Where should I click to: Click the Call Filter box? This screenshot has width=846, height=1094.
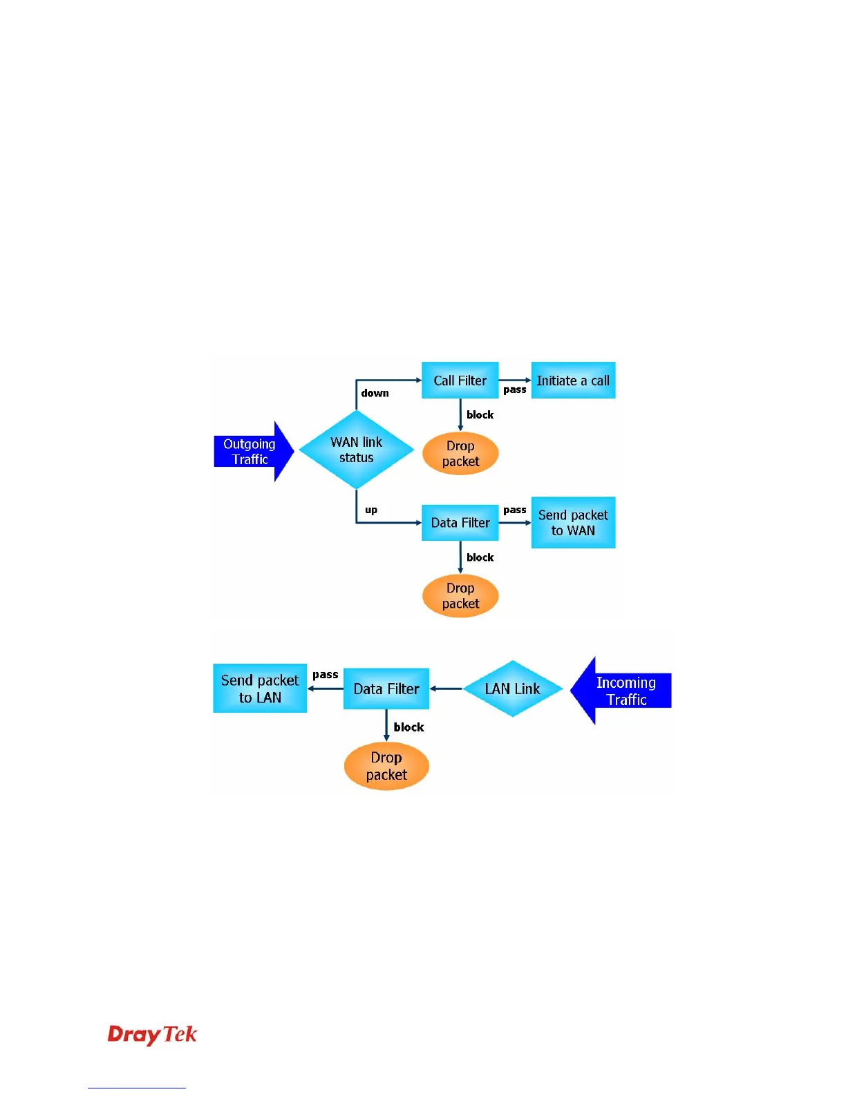tap(460, 381)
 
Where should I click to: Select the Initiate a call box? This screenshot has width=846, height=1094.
tap(573, 381)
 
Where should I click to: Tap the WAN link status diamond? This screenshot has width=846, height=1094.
tap(356, 450)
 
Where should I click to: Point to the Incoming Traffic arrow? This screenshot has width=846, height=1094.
tap(622, 691)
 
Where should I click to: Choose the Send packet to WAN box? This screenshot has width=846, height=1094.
tap(573, 523)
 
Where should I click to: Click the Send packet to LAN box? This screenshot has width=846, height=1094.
tap(260, 689)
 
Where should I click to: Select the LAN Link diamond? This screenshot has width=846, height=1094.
tap(512, 689)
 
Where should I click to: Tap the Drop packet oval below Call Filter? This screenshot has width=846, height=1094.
tap(460, 454)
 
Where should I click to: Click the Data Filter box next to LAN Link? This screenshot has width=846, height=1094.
tap(386, 689)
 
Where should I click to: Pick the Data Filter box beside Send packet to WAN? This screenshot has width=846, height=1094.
tap(460, 523)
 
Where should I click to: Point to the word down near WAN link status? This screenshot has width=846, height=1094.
tap(375, 393)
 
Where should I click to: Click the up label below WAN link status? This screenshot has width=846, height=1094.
tap(371, 510)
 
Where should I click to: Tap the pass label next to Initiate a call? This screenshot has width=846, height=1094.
tap(515, 390)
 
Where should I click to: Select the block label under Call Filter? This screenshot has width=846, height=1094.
tap(480, 414)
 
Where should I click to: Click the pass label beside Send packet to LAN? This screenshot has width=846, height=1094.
tap(326, 674)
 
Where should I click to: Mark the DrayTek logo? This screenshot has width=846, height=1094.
tap(152, 1034)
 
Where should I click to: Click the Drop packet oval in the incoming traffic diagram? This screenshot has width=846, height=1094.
tap(386, 766)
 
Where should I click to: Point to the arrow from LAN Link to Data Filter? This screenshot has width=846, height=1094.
tap(446, 689)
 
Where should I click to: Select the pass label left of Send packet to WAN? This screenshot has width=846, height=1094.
tap(515, 510)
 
